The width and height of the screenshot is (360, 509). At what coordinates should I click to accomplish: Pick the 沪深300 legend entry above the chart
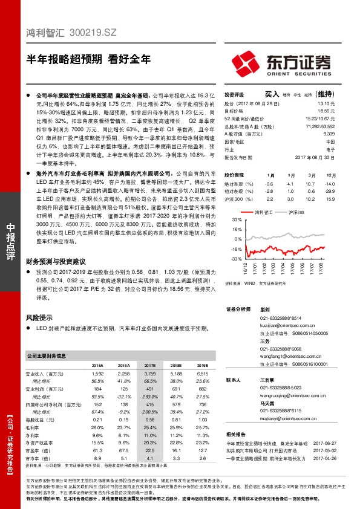click(297, 212)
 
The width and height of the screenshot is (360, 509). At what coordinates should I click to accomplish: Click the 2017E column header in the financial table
click(150, 365)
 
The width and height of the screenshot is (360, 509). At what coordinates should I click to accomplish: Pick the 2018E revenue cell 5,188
click(176, 374)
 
